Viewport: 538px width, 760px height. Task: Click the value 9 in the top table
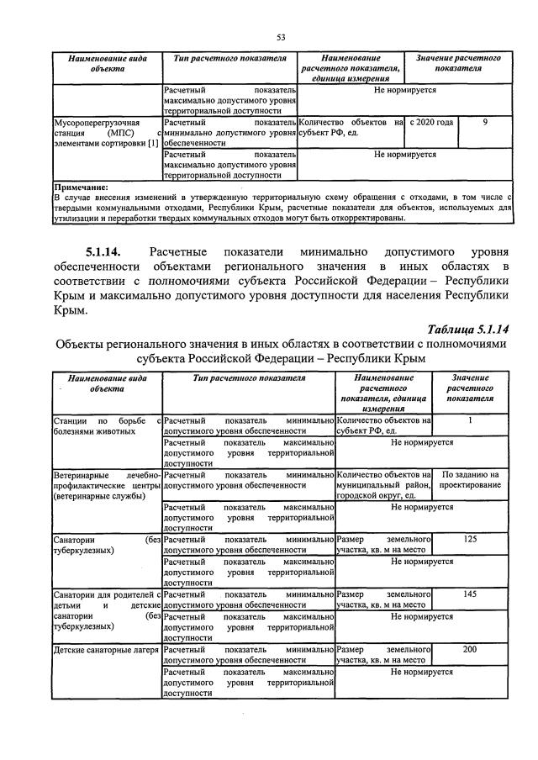(485, 122)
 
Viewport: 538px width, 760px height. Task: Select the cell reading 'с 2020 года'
(432, 122)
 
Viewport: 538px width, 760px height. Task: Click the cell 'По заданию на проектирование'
(470, 481)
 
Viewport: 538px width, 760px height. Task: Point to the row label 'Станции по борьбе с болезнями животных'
(106, 425)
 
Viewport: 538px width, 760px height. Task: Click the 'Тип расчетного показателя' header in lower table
(248, 378)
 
